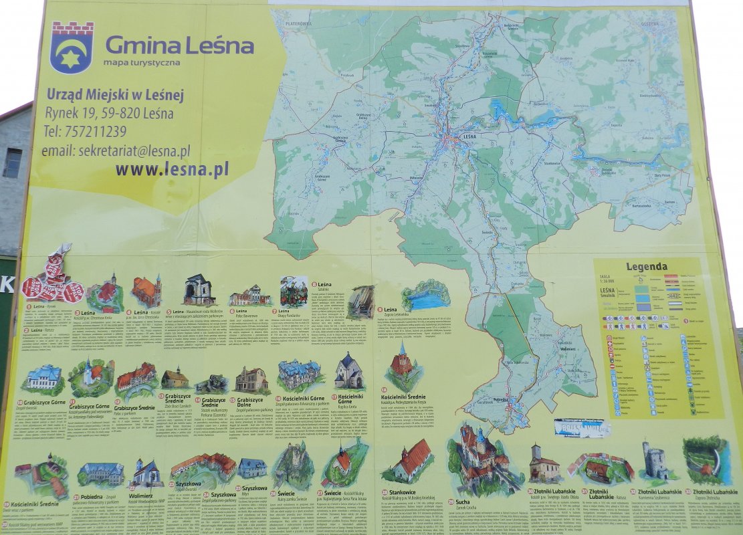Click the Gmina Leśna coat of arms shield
72,47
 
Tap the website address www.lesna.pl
171,169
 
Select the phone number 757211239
86,132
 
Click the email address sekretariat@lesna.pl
116,150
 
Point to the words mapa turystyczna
141,62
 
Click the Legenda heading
646,267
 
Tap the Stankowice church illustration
409,461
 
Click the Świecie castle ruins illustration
292,465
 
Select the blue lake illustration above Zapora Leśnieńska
425,295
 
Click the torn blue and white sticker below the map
581,427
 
